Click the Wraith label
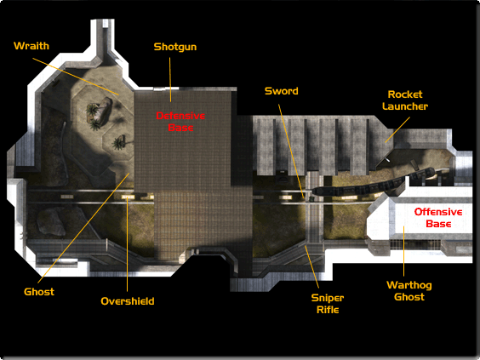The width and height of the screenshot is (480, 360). coord(31,46)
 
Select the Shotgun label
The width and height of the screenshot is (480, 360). coord(175,47)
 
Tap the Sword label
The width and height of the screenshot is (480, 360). coord(282,91)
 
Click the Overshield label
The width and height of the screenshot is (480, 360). coord(128,301)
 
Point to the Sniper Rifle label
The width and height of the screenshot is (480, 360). coord(328,304)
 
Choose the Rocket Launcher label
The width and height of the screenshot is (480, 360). coord(405,100)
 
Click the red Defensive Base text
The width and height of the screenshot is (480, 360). coord(180,122)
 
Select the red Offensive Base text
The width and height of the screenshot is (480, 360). coord(438,218)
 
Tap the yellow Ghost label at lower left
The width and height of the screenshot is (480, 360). coord(39,292)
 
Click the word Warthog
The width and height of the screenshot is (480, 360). coord(409,285)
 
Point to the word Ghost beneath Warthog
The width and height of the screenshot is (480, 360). coord(409,297)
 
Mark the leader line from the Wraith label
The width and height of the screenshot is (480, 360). coord(76,77)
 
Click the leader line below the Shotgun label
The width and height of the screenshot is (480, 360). coord(170,80)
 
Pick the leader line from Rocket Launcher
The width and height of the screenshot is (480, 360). coord(397,129)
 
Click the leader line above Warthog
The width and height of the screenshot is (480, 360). coord(403,251)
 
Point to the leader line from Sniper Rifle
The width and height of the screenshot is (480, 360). coord(311,266)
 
